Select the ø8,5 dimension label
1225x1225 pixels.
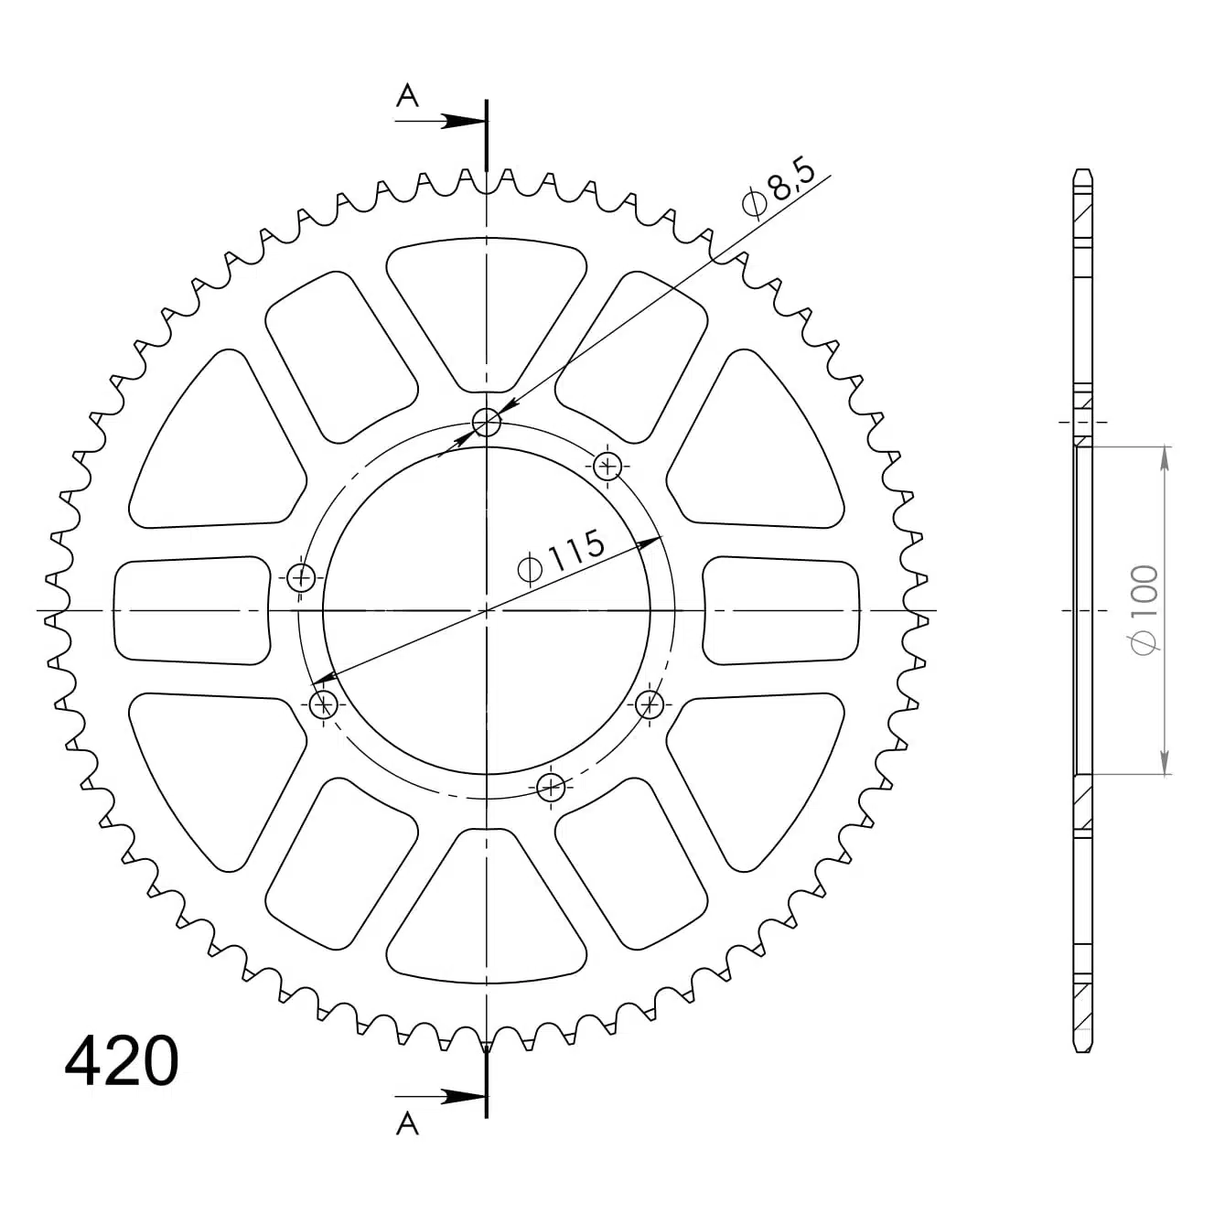(779, 188)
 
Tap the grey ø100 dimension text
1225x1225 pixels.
(1144, 610)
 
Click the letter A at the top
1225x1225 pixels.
(407, 95)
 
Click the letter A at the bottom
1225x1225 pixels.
(407, 1124)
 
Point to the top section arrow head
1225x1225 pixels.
(463, 121)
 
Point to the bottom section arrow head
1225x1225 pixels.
(463, 1097)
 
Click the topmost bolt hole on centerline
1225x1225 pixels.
(487, 422)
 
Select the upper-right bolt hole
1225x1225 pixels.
(607, 467)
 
